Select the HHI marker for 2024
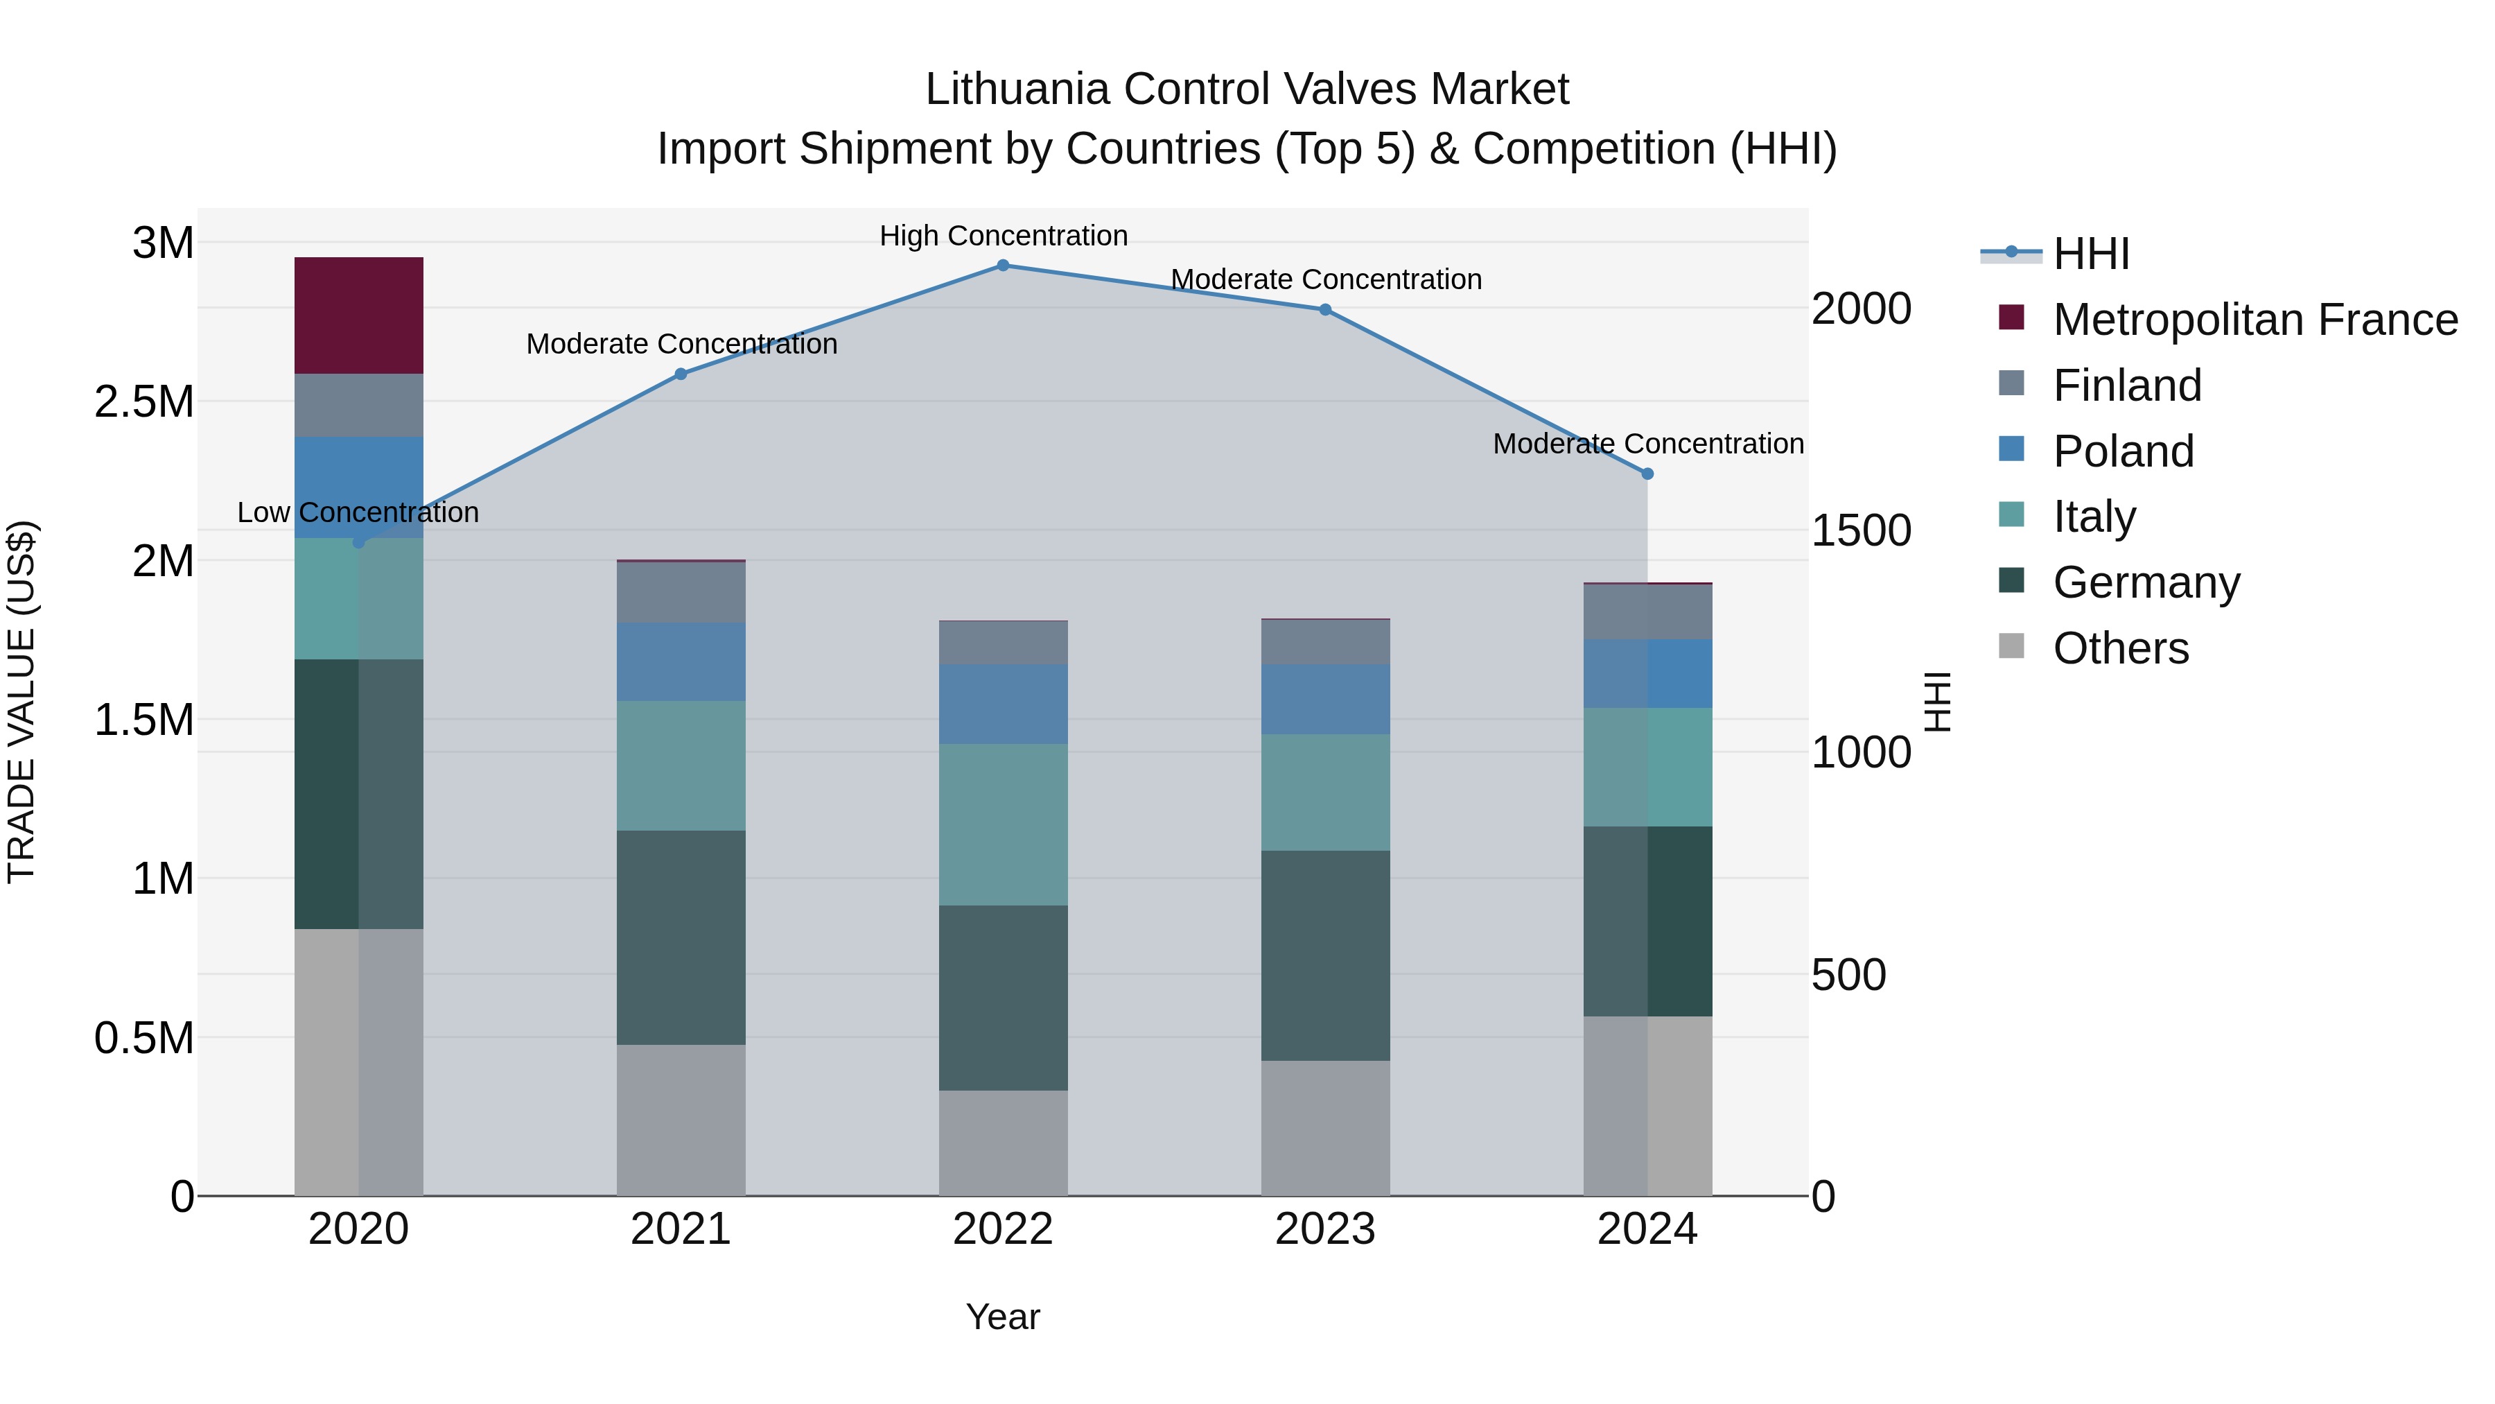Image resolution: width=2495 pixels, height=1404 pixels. pyautogui.click(x=1647, y=474)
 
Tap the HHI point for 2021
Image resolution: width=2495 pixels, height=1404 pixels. pyautogui.click(x=681, y=374)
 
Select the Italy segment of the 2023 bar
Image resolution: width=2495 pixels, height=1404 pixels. pyautogui.click(x=1325, y=792)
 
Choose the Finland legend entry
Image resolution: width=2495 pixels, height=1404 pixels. pyautogui.click(x=2127, y=385)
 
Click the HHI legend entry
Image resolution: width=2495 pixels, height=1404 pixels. pyautogui.click(x=2090, y=254)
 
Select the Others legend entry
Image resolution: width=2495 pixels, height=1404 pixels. pyautogui.click(x=2120, y=648)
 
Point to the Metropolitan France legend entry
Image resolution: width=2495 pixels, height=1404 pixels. pyautogui.click(x=2255, y=320)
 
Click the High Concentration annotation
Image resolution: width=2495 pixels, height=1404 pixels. pyautogui.click(x=1004, y=236)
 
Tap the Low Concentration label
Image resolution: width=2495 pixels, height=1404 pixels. pyautogui.click(x=358, y=512)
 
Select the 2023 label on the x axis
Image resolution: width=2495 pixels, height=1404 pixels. pyautogui.click(x=1325, y=1229)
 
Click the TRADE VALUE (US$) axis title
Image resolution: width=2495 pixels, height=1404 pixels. pyautogui.click(x=21, y=702)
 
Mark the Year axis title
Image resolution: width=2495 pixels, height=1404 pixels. pyautogui.click(x=1002, y=1317)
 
